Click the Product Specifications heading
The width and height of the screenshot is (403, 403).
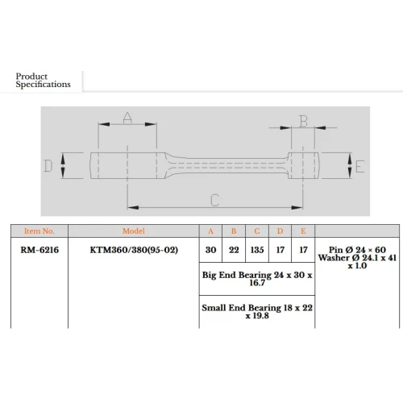[43, 80]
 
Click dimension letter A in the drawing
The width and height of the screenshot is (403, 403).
[127, 118]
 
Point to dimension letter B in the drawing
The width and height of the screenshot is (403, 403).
[303, 121]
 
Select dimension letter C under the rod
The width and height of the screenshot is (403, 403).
[215, 200]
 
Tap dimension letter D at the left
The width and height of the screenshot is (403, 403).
[48, 166]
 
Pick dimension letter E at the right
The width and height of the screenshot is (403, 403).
[359, 166]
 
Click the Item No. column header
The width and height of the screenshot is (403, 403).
[39, 231]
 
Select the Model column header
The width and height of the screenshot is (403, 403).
[134, 231]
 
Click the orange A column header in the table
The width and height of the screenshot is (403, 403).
[210, 231]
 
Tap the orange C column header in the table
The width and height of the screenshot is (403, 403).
[257, 231]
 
